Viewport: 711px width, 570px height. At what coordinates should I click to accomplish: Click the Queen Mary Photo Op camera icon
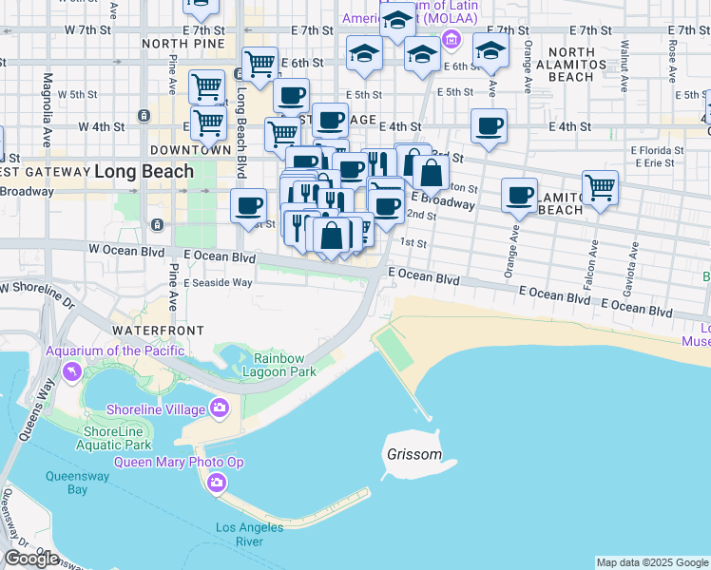[218, 484]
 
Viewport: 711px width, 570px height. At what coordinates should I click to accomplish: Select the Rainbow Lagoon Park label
[284, 364]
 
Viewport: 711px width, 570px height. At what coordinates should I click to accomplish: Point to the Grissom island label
[414, 454]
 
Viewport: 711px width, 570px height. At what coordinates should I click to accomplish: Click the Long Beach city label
[144, 172]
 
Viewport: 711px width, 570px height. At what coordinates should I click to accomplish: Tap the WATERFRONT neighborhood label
[158, 330]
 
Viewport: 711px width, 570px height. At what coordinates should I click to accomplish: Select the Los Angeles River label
[249, 535]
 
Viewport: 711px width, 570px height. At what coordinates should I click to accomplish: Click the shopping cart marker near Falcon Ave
[600, 187]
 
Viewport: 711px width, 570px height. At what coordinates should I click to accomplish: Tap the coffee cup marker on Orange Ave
[519, 195]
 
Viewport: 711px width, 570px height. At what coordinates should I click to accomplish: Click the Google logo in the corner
[31, 559]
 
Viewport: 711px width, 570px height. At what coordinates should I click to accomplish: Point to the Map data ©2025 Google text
[652, 562]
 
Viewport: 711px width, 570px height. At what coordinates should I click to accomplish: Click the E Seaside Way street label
[218, 282]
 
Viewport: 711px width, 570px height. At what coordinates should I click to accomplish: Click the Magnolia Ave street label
[47, 109]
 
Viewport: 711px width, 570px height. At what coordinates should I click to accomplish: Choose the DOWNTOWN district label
[190, 150]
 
